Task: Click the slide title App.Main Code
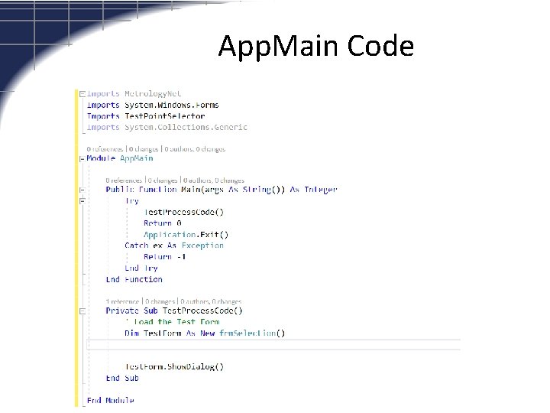315,47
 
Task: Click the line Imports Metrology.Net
134,93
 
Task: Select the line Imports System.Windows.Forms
153,105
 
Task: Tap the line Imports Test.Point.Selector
146,116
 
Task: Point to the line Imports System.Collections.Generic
167,127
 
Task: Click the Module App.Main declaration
120,158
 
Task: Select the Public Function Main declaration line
222,189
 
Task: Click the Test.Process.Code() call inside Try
184,212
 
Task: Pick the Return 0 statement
163,223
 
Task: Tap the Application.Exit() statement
186,235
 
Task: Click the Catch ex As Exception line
174,246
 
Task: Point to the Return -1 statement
165,257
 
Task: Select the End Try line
141,268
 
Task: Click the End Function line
134,280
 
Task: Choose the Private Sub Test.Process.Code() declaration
174,311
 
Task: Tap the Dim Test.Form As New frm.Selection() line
205,333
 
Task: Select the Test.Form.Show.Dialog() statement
174,366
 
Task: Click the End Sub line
122,378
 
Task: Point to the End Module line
111,400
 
